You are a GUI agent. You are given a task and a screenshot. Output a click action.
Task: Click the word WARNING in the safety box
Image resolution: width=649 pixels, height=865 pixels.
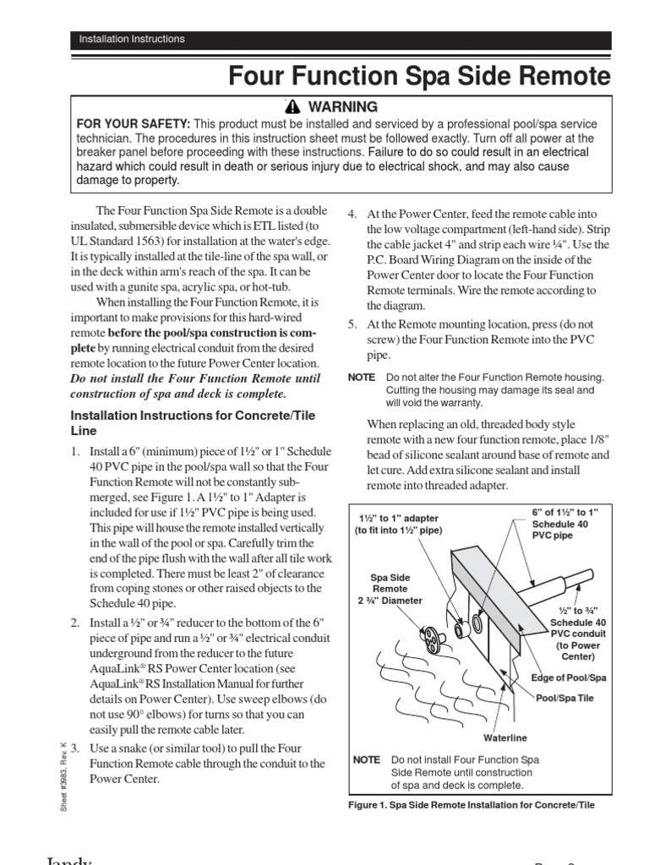[x=343, y=107]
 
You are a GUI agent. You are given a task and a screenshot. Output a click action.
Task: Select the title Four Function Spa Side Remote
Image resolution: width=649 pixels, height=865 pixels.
[x=419, y=77]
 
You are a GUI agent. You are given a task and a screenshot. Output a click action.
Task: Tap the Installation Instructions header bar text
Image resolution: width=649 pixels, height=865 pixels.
[x=131, y=39]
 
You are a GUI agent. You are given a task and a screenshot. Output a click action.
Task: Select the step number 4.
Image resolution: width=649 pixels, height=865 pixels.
[x=352, y=215]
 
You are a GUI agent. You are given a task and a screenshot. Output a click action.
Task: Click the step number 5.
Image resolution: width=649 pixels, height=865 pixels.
[x=352, y=324]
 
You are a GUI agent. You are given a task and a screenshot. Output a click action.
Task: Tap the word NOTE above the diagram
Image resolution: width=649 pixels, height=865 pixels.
[x=362, y=377]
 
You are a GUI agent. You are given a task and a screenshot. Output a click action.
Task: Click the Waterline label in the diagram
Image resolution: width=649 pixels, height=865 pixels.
[x=505, y=737]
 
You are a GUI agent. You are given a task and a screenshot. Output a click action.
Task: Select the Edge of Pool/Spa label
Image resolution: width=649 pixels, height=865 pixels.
[x=569, y=677]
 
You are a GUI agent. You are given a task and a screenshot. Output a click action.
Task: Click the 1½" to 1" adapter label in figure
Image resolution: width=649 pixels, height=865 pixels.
[x=399, y=523]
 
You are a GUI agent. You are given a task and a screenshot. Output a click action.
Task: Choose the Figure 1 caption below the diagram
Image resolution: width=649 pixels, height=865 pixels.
[x=472, y=805]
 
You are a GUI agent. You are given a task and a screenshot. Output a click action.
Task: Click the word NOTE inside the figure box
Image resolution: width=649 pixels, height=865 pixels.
[x=366, y=760]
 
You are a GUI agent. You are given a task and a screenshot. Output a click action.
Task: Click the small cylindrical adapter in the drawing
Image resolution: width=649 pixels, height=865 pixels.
[x=478, y=624]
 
